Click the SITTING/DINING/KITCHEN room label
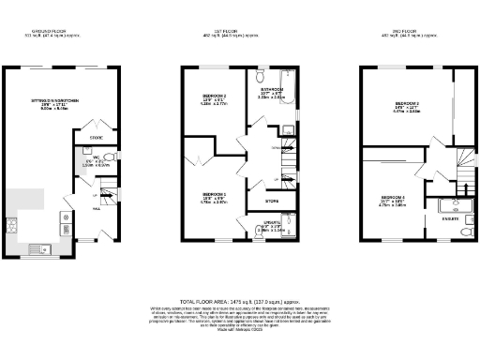coord(53,103)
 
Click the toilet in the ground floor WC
coord(110,157)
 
